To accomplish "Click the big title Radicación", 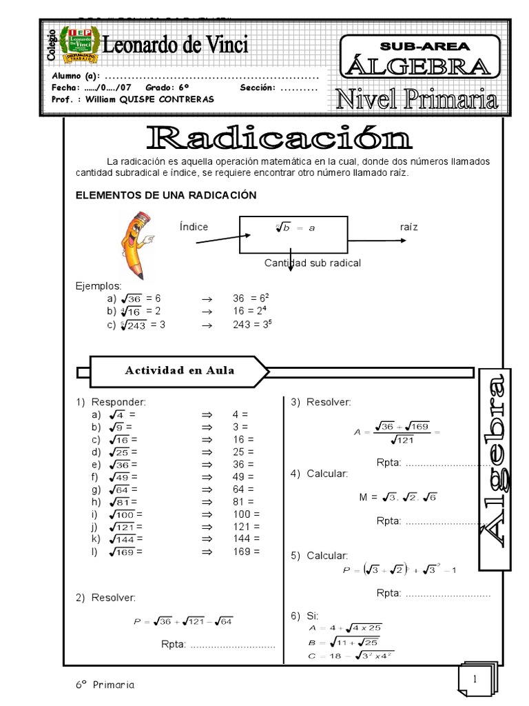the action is (x=279, y=137).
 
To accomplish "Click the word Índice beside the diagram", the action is (x=194, y=227).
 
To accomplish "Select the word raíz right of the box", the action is (x=408, y=226).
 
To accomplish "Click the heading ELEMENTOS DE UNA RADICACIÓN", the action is (x=165, y=195).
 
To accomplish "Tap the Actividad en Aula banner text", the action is (x=180, y=370).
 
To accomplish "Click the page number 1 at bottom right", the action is (x=475, y=679).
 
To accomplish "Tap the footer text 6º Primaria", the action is (x=105, y=685).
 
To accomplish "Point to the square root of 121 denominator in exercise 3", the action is (x=402, y=440).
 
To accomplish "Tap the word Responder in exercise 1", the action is (x=119, y=401).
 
